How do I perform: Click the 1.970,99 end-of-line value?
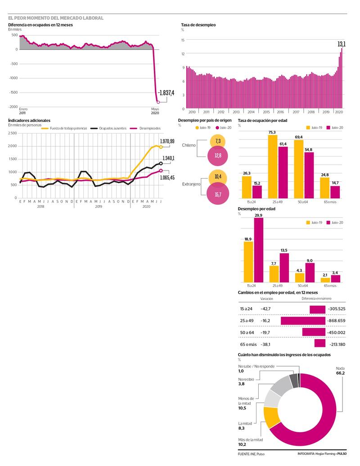(166, 141)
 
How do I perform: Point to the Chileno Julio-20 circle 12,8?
(218, 156)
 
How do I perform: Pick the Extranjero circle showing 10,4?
(218, 177)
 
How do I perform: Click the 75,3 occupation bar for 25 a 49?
(272, 166)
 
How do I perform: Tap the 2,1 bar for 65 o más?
(325, 280)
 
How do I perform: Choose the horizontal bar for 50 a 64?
(314, 332)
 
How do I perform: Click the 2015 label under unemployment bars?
(266, 112)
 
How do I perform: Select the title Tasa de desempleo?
(198, 25)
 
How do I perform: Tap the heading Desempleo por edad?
(256, 209)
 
